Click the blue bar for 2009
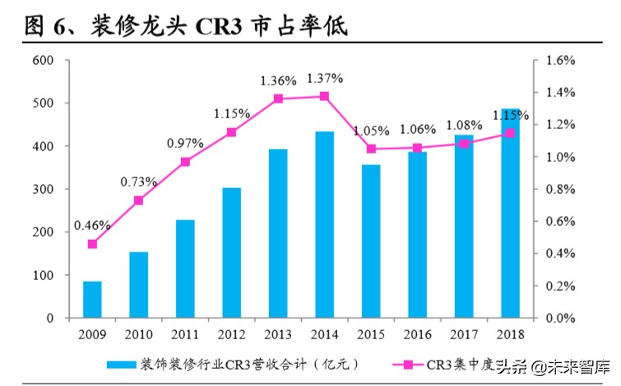point(92,299)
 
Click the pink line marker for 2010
point(139,200)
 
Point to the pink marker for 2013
point(278,99)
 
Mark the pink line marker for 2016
point(417,148)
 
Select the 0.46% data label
point(92,224)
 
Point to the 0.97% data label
point(185,143)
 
